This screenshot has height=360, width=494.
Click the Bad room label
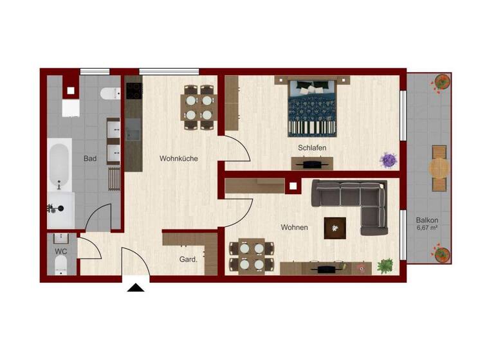click(90, 158)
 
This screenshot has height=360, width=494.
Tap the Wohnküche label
click(179, 158)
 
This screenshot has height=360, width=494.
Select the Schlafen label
click(312, 148)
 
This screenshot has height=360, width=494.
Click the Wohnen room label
click(294, 227)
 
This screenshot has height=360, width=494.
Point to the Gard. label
click(188, 260)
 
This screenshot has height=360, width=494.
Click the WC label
click(61, 251)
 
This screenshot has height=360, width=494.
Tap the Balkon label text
click(427, 219)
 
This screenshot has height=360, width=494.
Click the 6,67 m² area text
click(427, 228)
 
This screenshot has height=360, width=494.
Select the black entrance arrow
click(136, 287)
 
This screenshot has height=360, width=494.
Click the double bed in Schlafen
click(312, 106)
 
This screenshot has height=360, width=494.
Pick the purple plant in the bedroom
click(389, 159)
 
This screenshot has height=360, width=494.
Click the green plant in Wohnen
click(385, 265)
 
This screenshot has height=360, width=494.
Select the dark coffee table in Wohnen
click(334, 227)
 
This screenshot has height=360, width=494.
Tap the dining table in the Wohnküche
click(199, 107)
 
